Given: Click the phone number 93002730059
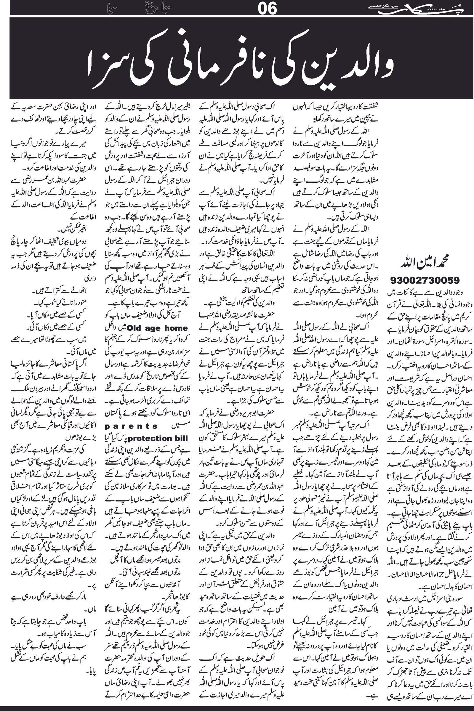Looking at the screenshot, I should (425, 280).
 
